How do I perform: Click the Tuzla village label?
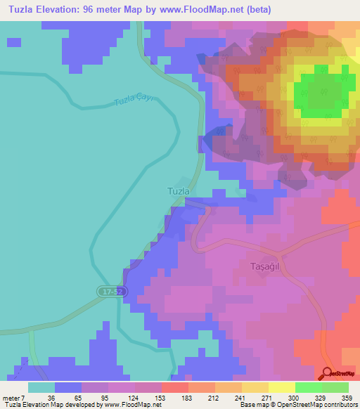pyautogui.click(x=178, y=190)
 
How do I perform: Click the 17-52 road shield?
pyautogui.click(x=108, y=290)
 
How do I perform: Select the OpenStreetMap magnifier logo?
pyautogui.click(x=327, y=374)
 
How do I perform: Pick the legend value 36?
pyautogui.click(x=49, y=397)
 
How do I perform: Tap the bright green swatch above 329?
pyautogui.click(x=308, y=387)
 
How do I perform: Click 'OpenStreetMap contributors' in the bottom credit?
pyautogui.click(x=316, y=405)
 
